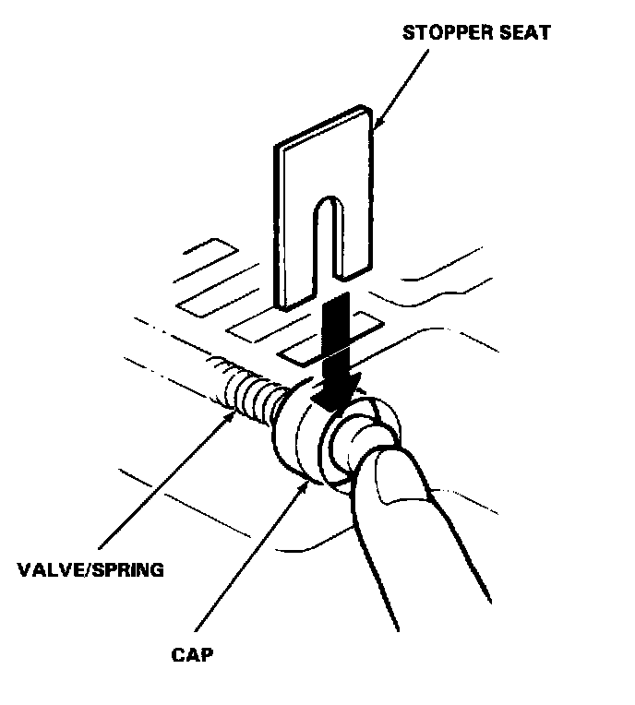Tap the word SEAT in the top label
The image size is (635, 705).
coord(525,34)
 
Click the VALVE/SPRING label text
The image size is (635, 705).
coord(90,568)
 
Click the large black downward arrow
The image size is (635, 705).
coord(334,355)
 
